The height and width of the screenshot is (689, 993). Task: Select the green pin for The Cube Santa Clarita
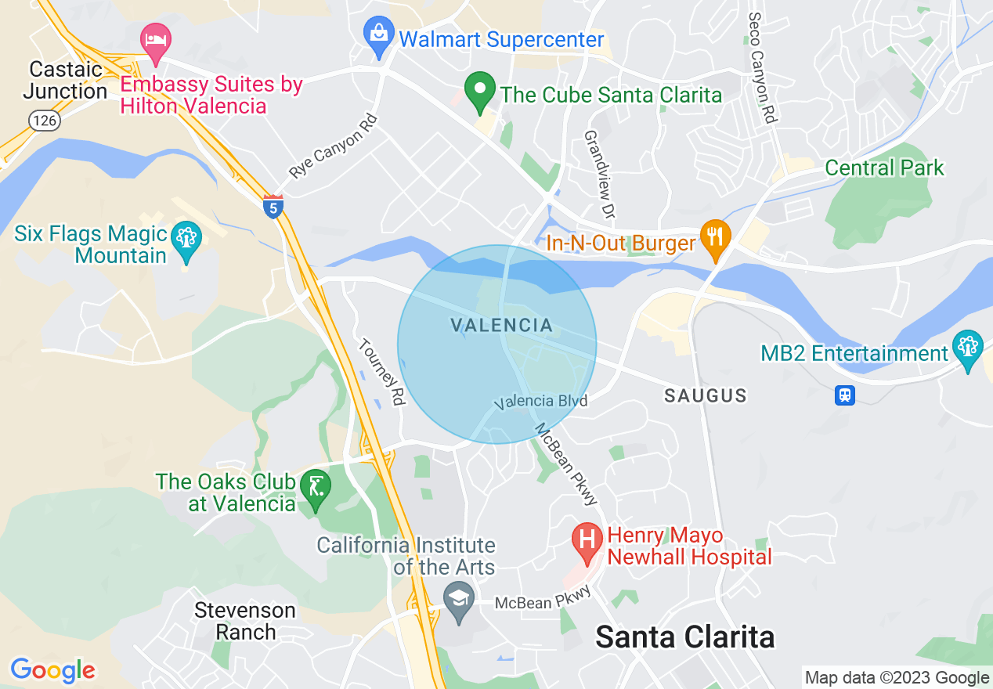click(x=478, y=92)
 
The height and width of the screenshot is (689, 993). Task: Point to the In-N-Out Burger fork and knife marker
click(x=714, y=238)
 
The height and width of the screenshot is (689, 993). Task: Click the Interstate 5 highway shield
click(x=273, y=207)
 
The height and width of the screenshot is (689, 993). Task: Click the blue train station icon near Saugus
click(x=844, y=395)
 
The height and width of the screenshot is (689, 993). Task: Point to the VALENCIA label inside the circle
click(x=502, y=325)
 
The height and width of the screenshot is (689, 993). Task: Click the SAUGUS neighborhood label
click(x=705, y=396)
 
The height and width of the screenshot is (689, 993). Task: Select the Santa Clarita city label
click(x=684, y=637)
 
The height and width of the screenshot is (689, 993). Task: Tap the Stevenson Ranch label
click(x=245, y=621)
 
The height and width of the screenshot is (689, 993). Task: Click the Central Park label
click(x=884, y=168)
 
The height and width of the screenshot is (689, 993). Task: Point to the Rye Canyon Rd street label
click(x=334, y=147)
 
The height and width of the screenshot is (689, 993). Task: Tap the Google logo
click(x=52, y=670)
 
